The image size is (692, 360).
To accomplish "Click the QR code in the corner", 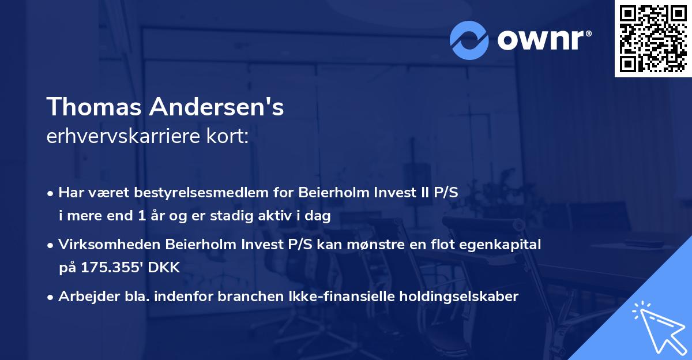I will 652,38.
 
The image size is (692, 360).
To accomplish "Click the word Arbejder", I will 84,297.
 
